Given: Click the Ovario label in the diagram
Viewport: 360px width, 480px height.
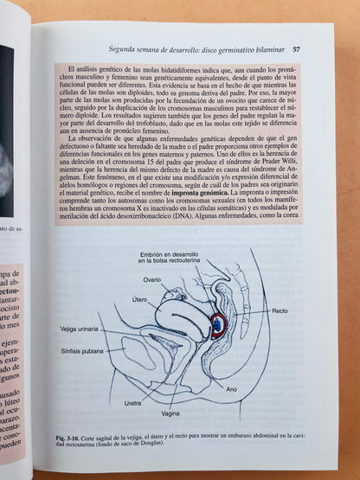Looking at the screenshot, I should click(x=152, y=280).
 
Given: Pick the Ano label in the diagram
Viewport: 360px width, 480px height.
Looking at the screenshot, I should click(x=232, y=389).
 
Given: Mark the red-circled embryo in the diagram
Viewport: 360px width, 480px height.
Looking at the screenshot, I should click(x=219, y=324).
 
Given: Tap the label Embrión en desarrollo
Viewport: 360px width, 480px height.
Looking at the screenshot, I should click(x=177, y=255).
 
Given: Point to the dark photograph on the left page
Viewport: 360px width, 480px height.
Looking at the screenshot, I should click(x=7, y=130).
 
